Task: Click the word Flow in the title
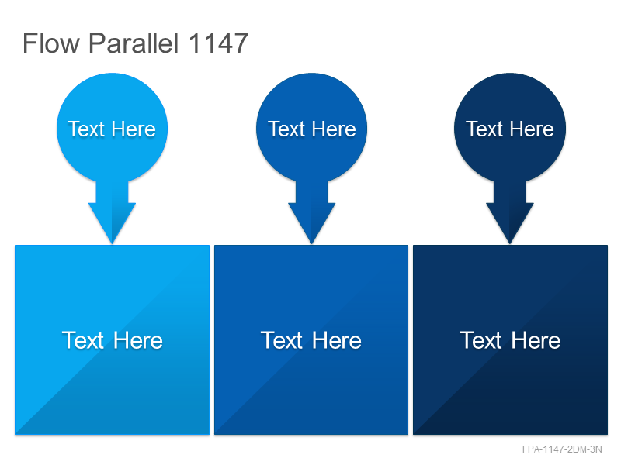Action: [51, 43]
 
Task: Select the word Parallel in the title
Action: [134, 43]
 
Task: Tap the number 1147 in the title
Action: [219, 43]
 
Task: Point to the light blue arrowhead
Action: [112, 222]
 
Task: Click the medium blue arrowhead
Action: [312, 222]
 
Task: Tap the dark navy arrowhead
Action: [510, 222]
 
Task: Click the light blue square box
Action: [112, 339]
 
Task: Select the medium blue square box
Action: [311, 339]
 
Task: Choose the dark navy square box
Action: [510, 339]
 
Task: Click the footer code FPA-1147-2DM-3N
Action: [562, 449]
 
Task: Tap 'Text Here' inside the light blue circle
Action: [112, 129]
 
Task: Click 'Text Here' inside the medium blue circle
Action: [312, 129]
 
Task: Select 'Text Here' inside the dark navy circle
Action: [510, 129]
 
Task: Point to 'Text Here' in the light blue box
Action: [112, 340]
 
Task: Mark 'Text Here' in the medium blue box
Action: [311, 340]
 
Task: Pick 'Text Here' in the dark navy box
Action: [510, 340]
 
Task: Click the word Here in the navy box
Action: [536, 340]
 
